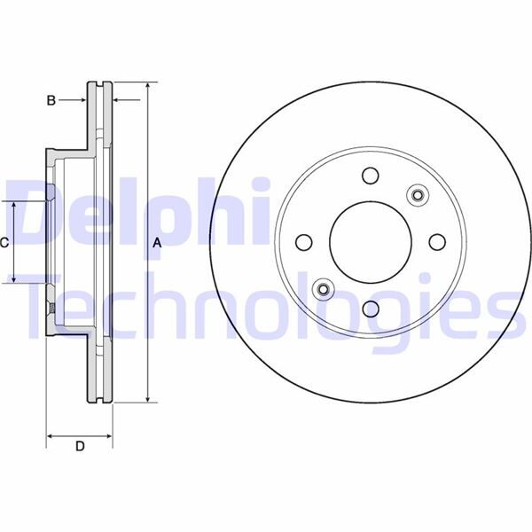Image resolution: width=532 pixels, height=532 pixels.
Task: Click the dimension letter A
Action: (x=157, y=243)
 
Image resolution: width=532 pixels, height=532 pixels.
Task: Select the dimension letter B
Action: (x=51, y=101)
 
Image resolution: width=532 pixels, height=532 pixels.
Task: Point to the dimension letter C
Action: (x=4, y=242)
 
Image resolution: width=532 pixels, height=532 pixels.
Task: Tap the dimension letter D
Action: (x=80, y=447)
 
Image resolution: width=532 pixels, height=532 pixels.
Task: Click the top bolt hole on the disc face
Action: (x=370, y=177)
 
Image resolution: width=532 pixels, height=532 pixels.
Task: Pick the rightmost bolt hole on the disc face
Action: (x=435, y=241)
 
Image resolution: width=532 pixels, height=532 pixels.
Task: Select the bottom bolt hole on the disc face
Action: (x=370, y=307)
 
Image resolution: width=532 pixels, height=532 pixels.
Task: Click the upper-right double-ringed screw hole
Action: (x=415, y=195)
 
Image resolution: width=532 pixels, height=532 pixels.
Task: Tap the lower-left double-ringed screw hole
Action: (x=325, y=288)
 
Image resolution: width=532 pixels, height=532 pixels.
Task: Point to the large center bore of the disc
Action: (x=370, y=242)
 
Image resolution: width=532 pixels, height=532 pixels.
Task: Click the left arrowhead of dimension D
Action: (x=50, y=436)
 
